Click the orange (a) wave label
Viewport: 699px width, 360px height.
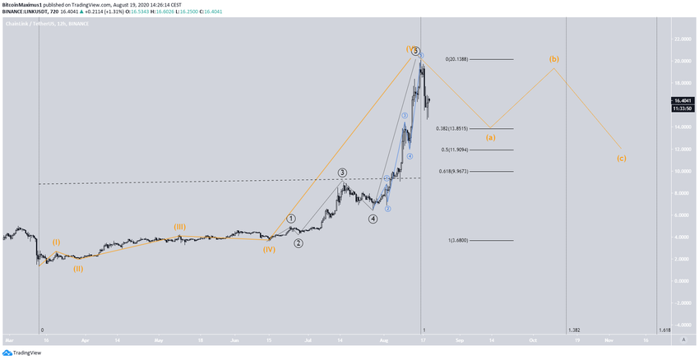(490, 137)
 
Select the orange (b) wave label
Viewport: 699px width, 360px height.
(554, 59)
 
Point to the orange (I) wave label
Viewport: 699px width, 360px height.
(56, 242)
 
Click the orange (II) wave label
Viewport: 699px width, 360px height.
(77, 268)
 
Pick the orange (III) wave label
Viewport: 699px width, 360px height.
(179, 226)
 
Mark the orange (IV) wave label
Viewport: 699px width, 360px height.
(269, 248)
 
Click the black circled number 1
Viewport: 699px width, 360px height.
(291, 219)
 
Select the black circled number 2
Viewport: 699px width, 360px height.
(299, 243)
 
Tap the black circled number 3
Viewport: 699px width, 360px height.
(342, 173)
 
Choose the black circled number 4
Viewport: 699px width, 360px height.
(373, 219)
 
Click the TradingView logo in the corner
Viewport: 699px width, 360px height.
(25, 353)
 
